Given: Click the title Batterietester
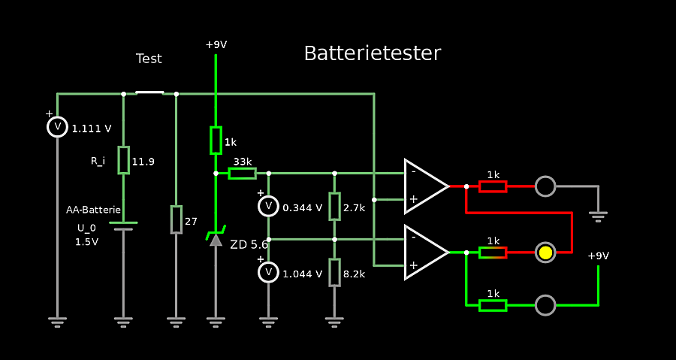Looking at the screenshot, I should (372, 53).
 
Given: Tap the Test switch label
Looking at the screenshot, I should (149, 59).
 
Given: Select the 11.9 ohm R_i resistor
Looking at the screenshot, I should (124, 160).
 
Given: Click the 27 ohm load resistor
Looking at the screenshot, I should (176, 219).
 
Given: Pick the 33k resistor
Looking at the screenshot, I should (242, 174).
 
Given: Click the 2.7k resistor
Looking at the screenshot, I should (334, 207).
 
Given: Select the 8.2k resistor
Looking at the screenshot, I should (334, 272).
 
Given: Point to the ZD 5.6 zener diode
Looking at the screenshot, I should (216, 238).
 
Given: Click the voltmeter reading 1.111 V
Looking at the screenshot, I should (58, 127).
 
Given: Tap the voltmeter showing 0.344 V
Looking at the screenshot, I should (268, 207).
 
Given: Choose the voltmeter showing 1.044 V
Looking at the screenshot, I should (268, 273).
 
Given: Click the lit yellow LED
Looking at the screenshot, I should (545, 253).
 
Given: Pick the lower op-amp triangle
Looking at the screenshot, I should (425, 253).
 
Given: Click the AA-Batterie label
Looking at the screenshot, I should (93, 210).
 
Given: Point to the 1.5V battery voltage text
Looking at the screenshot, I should (86, 242).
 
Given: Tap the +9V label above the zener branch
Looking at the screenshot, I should (216, 45).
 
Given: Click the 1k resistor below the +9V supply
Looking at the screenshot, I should (216, 140).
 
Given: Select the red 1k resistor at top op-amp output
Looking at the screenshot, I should (493, 186).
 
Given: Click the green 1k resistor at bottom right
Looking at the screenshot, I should (493, 305).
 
